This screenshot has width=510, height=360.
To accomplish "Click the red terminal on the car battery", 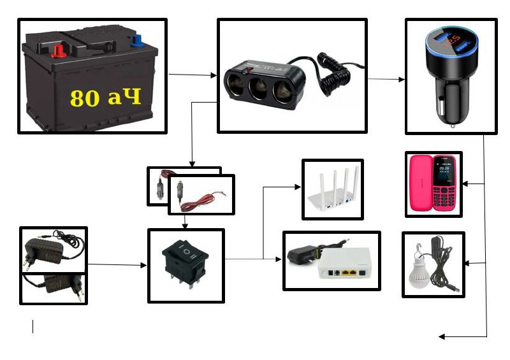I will [x=58, y=49].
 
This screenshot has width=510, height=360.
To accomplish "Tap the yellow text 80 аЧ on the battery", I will [x=105, y=97].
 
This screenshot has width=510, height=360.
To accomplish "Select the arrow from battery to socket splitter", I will [x=192, y=75].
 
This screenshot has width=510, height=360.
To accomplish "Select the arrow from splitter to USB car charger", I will [x=386, y=80].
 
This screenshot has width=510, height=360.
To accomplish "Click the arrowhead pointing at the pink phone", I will [x=465, y=184].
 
